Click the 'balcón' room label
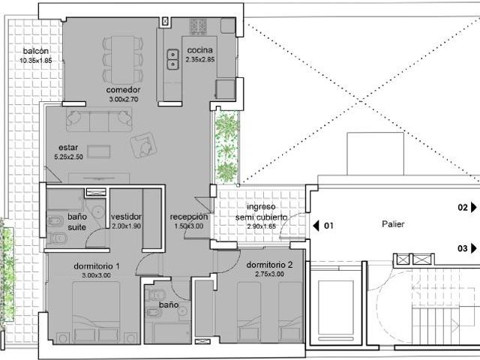tap(36, 51)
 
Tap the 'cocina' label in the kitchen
tap(200, 50)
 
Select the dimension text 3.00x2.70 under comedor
tap(124, 99)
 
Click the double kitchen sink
tap(172, 59)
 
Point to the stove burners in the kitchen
tap(198, 26)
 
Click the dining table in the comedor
tap(122, 60)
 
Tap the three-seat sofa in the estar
tap(99, 119)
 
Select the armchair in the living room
tap(143, 145)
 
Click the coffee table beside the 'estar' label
tap(98, 151)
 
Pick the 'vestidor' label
tap(126, 217)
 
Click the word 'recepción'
tap(189, 217)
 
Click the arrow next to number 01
tap(316, 226)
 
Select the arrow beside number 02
tap(474, 207)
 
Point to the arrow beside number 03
tap(474, 248)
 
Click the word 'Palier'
tap(393, 224)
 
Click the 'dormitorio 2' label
tap(269, 265)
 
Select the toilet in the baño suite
tap(57, 238)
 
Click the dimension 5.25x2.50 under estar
tap(68, 157)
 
